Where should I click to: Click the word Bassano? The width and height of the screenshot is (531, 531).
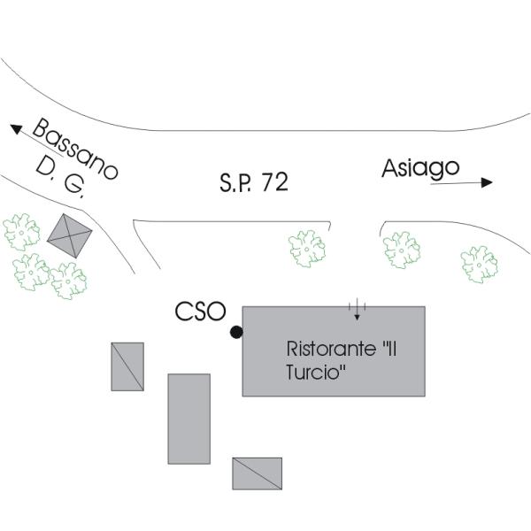click(75, 150)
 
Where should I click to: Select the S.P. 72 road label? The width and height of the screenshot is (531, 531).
click(253, 183)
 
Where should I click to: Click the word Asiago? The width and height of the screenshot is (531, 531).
click(420, 167)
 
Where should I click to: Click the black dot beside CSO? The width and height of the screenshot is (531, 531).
click(235, 332)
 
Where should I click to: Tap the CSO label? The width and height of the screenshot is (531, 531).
click(200, 312)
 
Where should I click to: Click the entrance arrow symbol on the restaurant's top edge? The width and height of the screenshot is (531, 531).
click(357, 310)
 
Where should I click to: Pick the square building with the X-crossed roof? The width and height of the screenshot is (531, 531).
click(70, 235)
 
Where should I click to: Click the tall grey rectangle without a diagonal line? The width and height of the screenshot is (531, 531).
click(189, 419)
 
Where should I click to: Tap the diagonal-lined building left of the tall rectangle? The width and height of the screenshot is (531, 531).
click(127, 366)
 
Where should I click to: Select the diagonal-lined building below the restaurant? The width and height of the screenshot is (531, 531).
click(257, 473)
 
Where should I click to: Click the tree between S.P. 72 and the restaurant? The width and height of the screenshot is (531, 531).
click(307, 249)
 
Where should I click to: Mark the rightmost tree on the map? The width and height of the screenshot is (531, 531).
click(479, 264)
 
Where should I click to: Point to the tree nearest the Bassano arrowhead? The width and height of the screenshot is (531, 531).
click(21, 232)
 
